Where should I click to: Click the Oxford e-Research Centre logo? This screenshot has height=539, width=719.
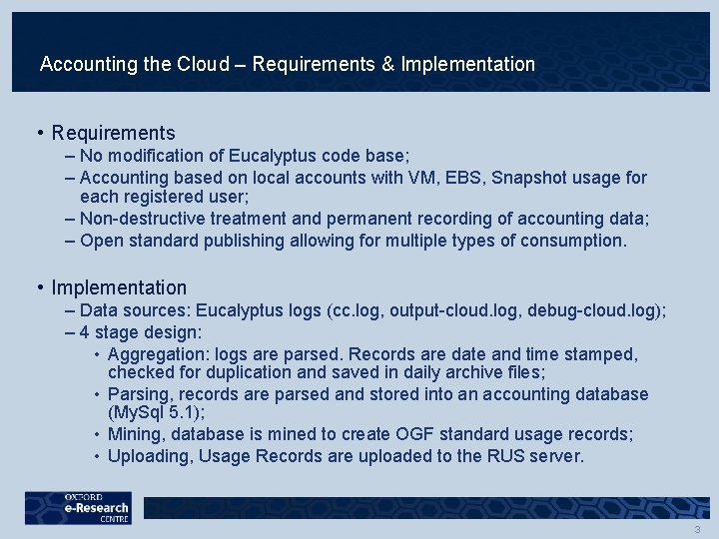pyautogui.click(x=78, y=509)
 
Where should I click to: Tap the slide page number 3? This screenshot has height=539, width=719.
pyautogui.click(x=697, y=529)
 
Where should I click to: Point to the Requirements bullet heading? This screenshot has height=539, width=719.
pyautogui.click(x=113, y=133)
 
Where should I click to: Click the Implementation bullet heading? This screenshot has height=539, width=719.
pyautogui.click(x=119, y=287)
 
